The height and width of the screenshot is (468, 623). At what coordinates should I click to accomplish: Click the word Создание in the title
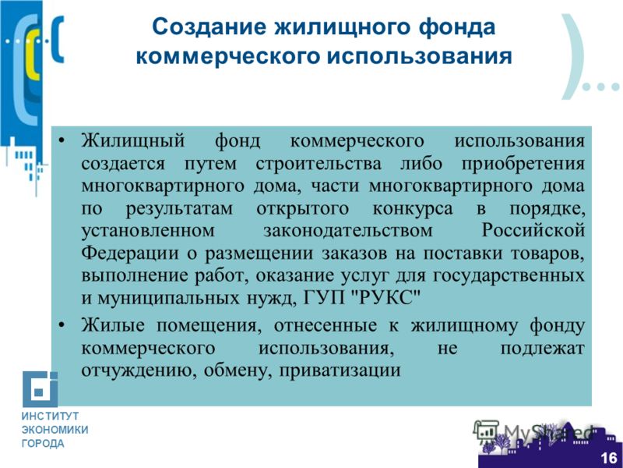[x=209, y=27]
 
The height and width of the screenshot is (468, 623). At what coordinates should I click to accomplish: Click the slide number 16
[x=608, y=458]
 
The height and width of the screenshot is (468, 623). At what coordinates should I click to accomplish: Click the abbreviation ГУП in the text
[x=326, y=298]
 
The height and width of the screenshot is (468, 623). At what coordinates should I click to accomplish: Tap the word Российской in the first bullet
[x=533, y=231]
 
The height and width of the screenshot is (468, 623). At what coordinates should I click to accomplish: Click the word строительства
[x=319, y=164]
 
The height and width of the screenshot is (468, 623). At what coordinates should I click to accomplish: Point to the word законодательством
[x=347, y=231]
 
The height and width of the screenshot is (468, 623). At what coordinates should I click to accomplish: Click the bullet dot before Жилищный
[x=61, y=140]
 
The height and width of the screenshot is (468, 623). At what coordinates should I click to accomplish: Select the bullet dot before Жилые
[x=61, y=325]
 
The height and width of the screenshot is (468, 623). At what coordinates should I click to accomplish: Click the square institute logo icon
[x=40, y=388]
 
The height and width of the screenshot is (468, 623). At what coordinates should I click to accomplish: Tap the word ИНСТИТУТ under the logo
[x=50, y=417]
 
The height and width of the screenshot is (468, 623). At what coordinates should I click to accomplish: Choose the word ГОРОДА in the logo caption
[x=43, y=443]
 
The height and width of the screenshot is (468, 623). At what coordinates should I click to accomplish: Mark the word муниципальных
[x=168, y=299]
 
